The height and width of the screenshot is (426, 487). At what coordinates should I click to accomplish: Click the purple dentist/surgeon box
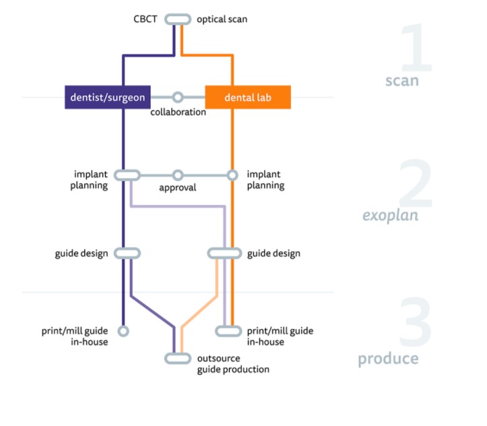coord(107,97)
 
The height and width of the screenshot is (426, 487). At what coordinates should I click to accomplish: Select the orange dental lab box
coord(248,97)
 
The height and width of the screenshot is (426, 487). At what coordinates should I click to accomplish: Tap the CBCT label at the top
coord(145,19)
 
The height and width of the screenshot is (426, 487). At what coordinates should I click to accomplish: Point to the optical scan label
coord(222,19)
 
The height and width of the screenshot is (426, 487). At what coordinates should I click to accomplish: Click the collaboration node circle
coord(178,97)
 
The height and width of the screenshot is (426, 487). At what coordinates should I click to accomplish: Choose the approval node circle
coord(178,175)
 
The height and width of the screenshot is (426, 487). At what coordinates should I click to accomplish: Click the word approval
coord(178,187)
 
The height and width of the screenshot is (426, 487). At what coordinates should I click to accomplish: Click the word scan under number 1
coord(401,81)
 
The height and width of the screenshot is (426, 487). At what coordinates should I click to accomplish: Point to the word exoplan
coord(391,216)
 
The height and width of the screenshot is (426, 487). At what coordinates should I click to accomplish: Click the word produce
coord(388,359)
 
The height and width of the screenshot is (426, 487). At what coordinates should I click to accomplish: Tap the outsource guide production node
coord(178,358)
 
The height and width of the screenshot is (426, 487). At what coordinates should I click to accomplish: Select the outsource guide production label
coord(233,363)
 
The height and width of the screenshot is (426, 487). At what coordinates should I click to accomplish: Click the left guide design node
coord(127,253)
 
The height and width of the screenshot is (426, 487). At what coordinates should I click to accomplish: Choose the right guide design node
coord(224,253)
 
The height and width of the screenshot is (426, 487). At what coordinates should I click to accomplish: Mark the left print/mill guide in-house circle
coord(123,331)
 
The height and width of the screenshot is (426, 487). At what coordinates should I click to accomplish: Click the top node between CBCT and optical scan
coord(178,19)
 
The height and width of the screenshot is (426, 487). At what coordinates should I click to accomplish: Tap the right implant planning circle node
coord(232,175)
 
